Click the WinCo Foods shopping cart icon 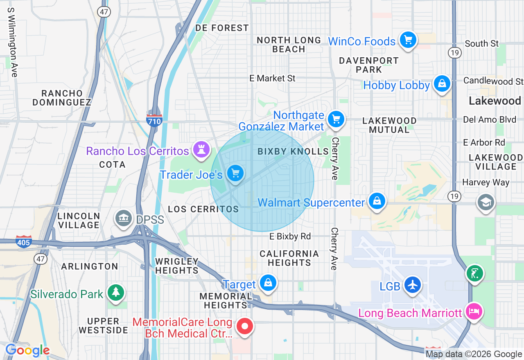click(408, 40)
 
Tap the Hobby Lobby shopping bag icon click(442, 84)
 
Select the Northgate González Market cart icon click(336, 119)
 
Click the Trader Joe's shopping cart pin click(235, 173)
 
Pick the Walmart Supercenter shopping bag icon click(377, 201)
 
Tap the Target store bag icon click(268, 283)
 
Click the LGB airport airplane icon click(412, 285)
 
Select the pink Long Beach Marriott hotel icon click(474, 312)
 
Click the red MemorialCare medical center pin click(245, 327)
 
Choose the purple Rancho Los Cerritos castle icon click(201, 149)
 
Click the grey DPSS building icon click(123, 219)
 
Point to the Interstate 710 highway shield click(154, 119)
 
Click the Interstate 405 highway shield click(24, 241)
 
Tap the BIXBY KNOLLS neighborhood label click(293, 151)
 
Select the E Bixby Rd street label click(290, 236)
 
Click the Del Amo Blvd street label click(483, 119)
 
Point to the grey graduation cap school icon click(486, 202)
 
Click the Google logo click(27, 351)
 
